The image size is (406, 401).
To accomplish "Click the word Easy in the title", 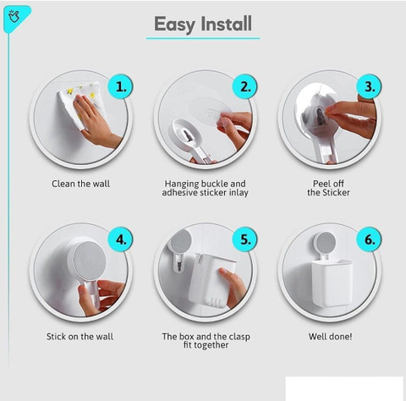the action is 174,25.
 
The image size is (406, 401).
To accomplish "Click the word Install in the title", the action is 227,24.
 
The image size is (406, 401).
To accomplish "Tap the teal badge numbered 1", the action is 121,87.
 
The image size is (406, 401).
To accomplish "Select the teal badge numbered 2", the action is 244,87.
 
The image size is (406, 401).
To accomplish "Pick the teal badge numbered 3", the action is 369,86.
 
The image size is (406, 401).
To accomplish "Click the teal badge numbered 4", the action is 121,239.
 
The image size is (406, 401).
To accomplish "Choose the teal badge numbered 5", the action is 244,239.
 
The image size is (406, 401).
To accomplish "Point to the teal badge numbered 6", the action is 369,239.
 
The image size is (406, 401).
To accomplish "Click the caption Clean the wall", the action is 80,184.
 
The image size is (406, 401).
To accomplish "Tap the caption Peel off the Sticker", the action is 328,188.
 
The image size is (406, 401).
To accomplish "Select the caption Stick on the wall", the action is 80,337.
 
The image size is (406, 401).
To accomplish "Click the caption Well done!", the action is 330,337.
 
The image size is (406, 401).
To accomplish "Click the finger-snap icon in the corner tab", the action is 14,16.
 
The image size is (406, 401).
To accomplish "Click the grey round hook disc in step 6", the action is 325,243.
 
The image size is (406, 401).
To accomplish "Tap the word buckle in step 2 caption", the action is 215,184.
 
